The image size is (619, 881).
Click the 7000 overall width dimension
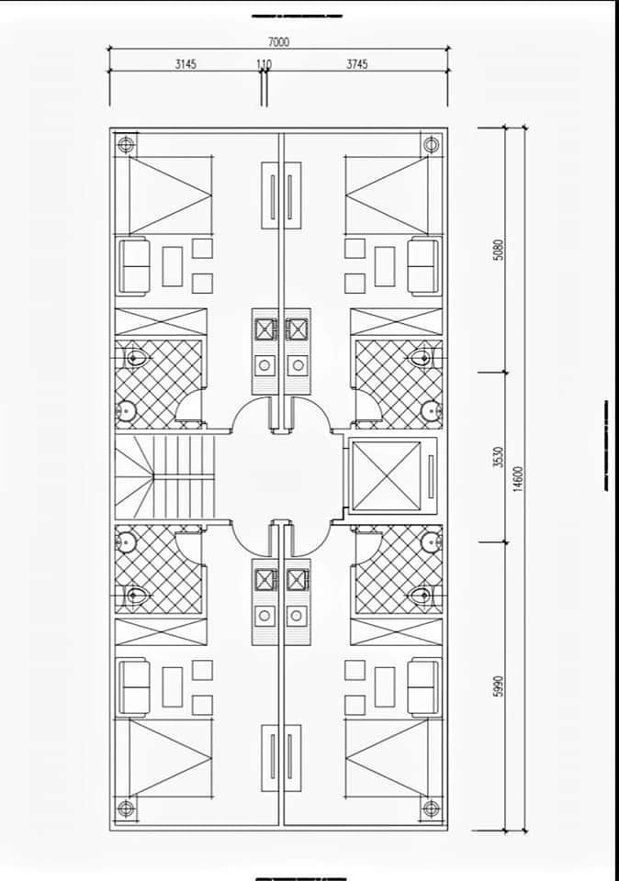click(279, 42)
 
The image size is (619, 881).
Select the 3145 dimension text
click(186, 64)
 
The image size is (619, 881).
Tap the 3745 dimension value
click(357, 64)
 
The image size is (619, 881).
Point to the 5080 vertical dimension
click(498, 250)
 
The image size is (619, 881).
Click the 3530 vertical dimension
click(498, 457)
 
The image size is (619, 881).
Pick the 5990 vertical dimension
click(498, 686)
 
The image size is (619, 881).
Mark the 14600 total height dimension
click(518, 479)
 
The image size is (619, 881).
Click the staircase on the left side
click(164, 477)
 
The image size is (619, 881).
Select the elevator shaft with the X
click(387, 477)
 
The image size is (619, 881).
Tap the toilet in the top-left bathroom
click(135, 357)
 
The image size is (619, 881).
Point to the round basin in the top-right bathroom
click(430, 411)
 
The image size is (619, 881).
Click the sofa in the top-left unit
click(133, 266)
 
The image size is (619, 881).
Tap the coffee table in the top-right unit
click(385, 266)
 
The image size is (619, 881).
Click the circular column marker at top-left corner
click(125, 144)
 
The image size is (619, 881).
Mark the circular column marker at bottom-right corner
click(432, 809)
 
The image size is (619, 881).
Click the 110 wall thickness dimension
click(264, 64)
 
